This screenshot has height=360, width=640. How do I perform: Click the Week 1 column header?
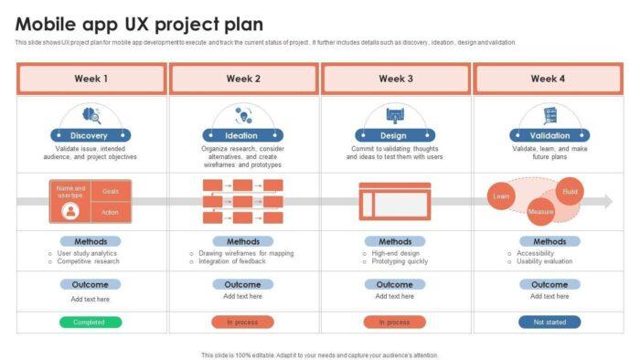pos(91,79)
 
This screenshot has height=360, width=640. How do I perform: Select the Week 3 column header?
pos(396,79)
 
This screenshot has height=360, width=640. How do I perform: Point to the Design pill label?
pos(395,135)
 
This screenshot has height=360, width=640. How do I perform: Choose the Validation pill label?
pos(549,135)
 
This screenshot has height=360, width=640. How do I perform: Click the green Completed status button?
pos(91,322)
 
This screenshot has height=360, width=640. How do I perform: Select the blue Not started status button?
pos(549,322)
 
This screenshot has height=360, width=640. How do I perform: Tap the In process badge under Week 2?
pos(242,322)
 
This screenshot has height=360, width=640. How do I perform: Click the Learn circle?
pos(501,196)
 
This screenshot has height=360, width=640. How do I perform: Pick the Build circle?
pos(571,191)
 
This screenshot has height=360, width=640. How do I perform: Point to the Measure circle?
pos(540,213)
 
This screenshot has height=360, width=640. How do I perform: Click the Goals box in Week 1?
pos(111,191)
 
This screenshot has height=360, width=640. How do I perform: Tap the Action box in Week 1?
pos(111,212)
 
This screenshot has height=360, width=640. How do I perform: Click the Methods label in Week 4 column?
pos(549,241)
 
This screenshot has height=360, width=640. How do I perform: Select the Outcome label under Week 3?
pos(395,284)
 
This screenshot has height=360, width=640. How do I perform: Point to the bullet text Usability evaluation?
pos(545,261)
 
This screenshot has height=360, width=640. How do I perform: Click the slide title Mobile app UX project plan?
pos(139,25)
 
